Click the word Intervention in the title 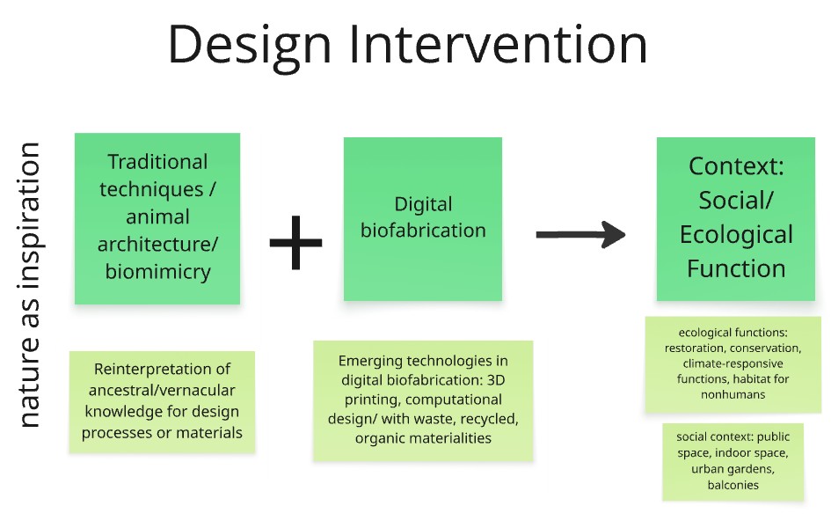click(499, 44)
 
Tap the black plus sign click(295, 242)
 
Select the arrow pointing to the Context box click(581, 234)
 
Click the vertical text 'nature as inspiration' click(29, 284)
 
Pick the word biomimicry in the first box click(158, 271)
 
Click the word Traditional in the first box click(158, 162)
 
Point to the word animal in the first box click(158, 216)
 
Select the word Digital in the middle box click(423, 205)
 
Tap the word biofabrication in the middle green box click(423, 230)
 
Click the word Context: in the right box click(736, 166)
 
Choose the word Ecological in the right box click(736, 235)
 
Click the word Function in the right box click(736, 268)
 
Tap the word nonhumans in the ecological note click(733, 394)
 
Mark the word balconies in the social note click(733, 485)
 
